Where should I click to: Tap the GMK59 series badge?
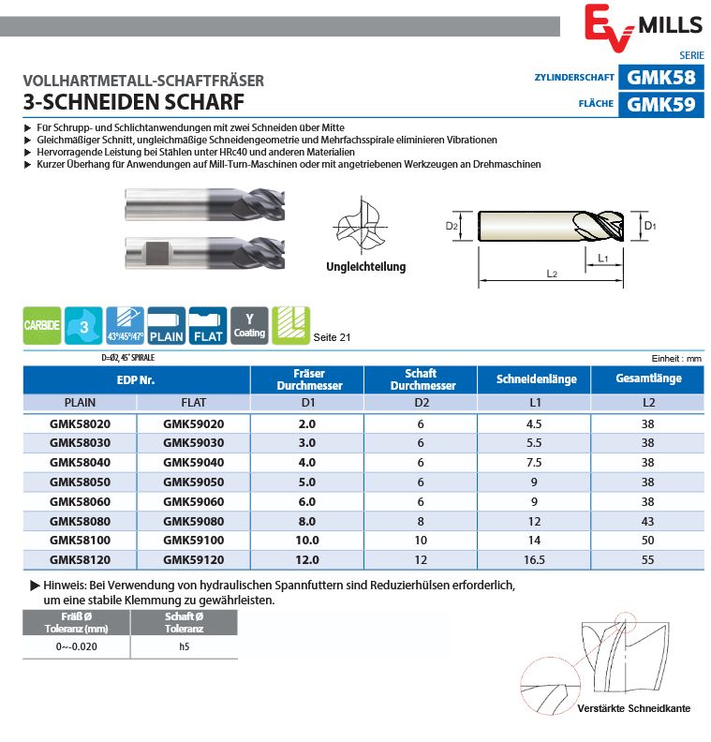(660, 104)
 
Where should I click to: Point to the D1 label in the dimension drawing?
(650, 226)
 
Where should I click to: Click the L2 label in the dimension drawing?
(552, 274)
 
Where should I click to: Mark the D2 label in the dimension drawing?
(452, 226)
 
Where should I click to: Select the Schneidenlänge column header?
(536, 379)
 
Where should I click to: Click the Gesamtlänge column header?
(647, 378)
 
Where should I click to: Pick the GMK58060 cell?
(80, 501)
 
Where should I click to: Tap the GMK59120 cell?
(194, 559)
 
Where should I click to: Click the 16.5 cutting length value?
(536, 559)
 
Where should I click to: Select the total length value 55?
(647, 559)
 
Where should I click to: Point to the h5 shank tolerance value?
(184, 647)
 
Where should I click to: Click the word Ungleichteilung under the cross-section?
(366, 267)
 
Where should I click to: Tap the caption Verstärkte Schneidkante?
(634, 708)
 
